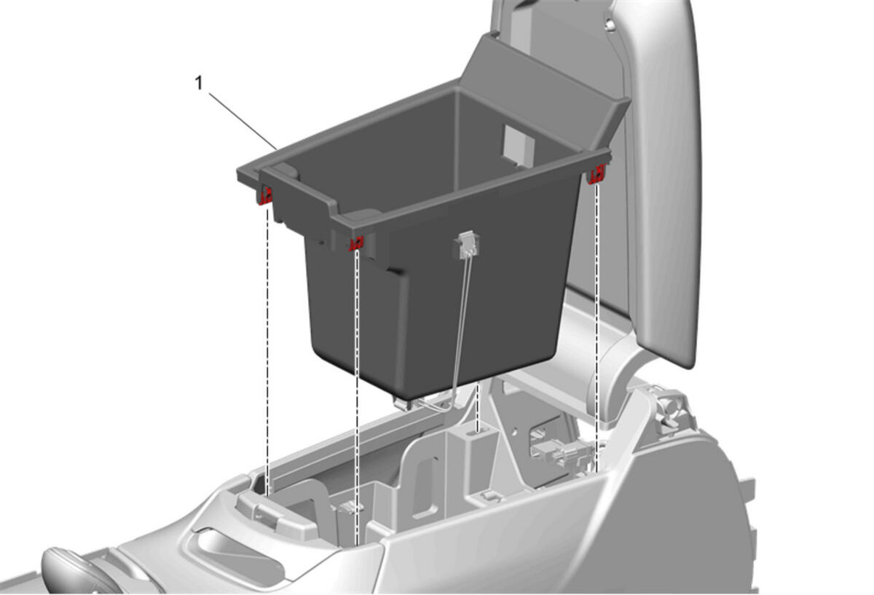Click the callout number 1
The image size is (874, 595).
(199, 83)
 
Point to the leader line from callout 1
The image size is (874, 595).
(243, 122)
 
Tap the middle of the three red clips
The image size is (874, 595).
(356, 243)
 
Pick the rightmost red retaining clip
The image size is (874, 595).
(597, 173)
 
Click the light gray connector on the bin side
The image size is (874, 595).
(466, 245)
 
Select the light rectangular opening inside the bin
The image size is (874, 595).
(518, 145)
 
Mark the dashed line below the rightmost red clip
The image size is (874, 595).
(597, 328)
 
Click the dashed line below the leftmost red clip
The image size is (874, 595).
(267, 351)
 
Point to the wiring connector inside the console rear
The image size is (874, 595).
(562, 452)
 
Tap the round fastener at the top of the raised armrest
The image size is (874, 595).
(610, 25)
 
